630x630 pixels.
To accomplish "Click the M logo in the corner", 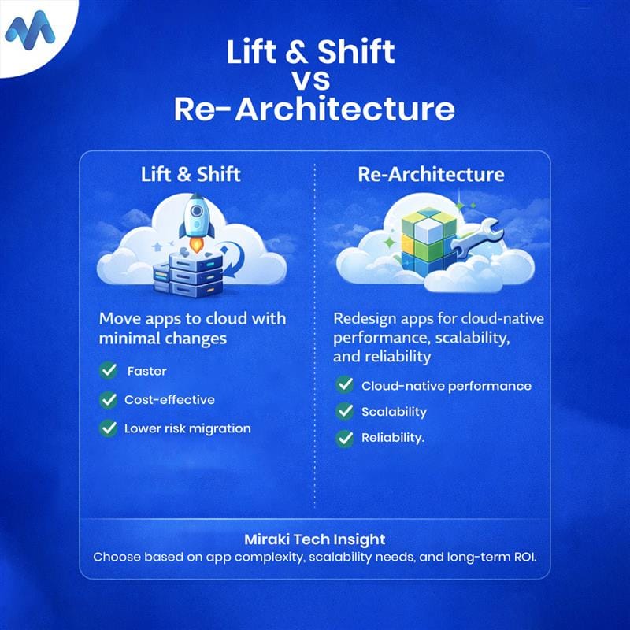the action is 30,31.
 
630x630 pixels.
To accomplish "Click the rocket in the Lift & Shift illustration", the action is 196,222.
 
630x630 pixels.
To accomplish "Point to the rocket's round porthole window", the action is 196,210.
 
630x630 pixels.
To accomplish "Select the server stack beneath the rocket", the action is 189,275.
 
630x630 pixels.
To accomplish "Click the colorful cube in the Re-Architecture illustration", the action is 429,241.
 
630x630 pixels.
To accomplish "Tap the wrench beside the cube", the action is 476,239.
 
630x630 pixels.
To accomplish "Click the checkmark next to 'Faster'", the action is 109,370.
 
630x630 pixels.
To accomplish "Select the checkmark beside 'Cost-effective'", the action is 109,400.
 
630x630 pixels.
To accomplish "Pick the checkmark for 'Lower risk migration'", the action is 109,428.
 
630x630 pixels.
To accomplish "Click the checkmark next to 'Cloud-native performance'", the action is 345,385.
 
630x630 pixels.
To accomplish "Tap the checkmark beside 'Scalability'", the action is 345,411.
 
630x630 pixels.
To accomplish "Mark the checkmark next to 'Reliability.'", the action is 345,438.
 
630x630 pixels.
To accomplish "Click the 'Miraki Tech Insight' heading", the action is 315,539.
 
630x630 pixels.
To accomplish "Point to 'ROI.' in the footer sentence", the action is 525,557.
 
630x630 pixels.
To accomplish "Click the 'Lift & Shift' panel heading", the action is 191,174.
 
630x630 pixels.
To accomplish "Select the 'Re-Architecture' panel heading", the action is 431,174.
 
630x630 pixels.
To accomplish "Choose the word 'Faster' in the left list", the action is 146,371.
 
